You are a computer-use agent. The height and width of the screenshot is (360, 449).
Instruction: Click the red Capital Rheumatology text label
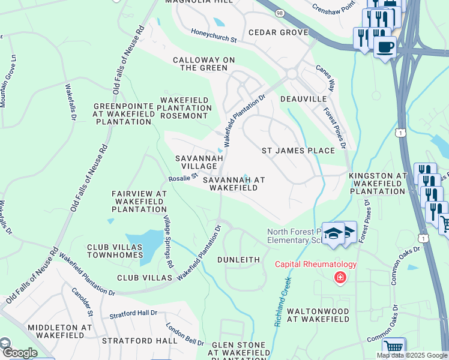pyautogui.click(x=316, y=264)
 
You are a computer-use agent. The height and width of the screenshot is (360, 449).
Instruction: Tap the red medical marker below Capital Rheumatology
pyautogui.click(x=340, y=277)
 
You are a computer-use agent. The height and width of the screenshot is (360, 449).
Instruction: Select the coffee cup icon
pyautogui.click(x=385, y=46)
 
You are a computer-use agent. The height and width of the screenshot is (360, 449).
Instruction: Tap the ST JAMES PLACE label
pyautogui.click(x=298, y=151)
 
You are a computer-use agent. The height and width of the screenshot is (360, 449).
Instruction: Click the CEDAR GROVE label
pyautogui.click(x=274, y=32)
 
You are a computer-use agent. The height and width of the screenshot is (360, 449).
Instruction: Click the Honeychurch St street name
pyautogui.click(x=214, y=37)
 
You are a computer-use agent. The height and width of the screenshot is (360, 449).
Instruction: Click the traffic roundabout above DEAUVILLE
pyautogui.click(x=292, y=74)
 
